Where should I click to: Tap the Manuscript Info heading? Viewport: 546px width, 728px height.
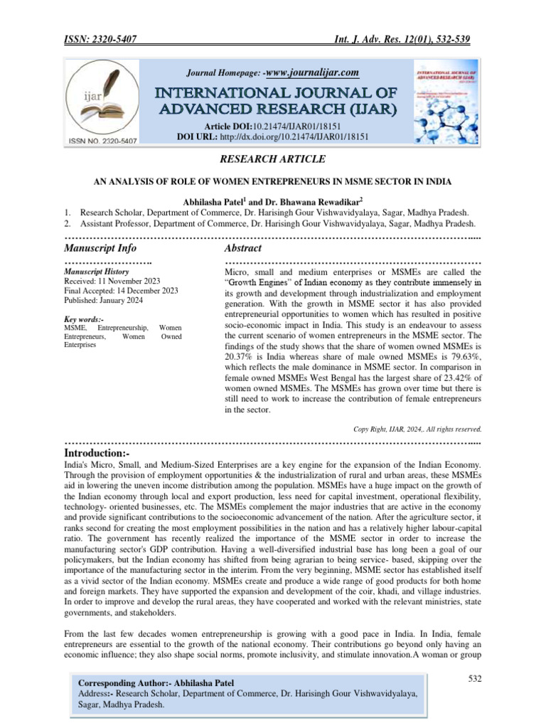click(x=100, y=248)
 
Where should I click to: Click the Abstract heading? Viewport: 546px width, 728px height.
click(x=242, y=248)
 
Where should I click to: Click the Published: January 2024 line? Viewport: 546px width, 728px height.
click(x=103, y=300)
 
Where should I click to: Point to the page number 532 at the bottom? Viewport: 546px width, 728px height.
click(x=475, y=680)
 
